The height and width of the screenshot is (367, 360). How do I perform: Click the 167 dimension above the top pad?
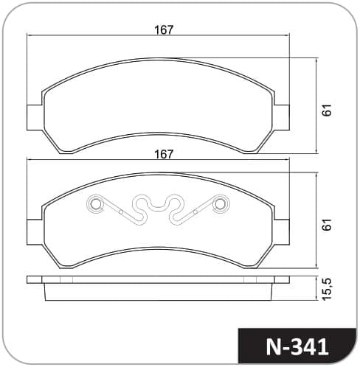pos(164,29)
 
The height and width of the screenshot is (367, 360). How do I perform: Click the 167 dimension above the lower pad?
pos(164,154)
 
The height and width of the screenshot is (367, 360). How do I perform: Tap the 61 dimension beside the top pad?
pos(328,111)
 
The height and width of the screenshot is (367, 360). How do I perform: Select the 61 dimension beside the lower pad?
pos(328,224)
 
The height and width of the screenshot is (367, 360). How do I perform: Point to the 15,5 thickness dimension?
pos(328,289)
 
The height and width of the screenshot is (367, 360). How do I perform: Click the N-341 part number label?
pos(297,347)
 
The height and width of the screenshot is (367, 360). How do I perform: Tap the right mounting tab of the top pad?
pos(281,117)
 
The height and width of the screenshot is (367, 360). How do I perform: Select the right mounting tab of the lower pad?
pos(281,232)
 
